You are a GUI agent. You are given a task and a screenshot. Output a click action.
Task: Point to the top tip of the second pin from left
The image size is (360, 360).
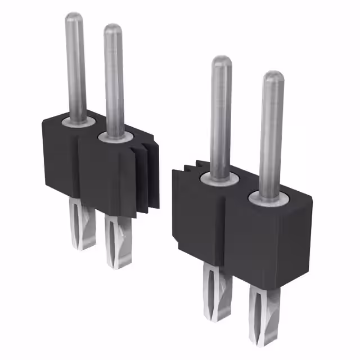click(112, 29)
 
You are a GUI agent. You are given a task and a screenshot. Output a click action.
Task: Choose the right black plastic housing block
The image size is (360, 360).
click(247, 236)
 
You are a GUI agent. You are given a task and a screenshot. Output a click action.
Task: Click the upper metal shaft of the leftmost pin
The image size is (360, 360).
click(75, 67)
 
